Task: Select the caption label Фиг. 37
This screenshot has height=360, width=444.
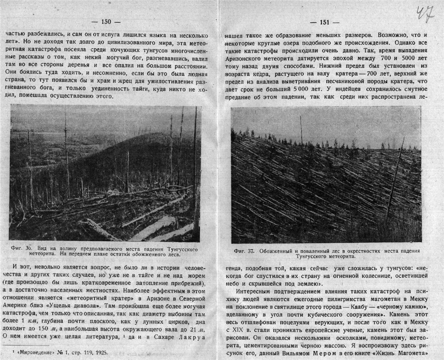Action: point(245,251)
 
